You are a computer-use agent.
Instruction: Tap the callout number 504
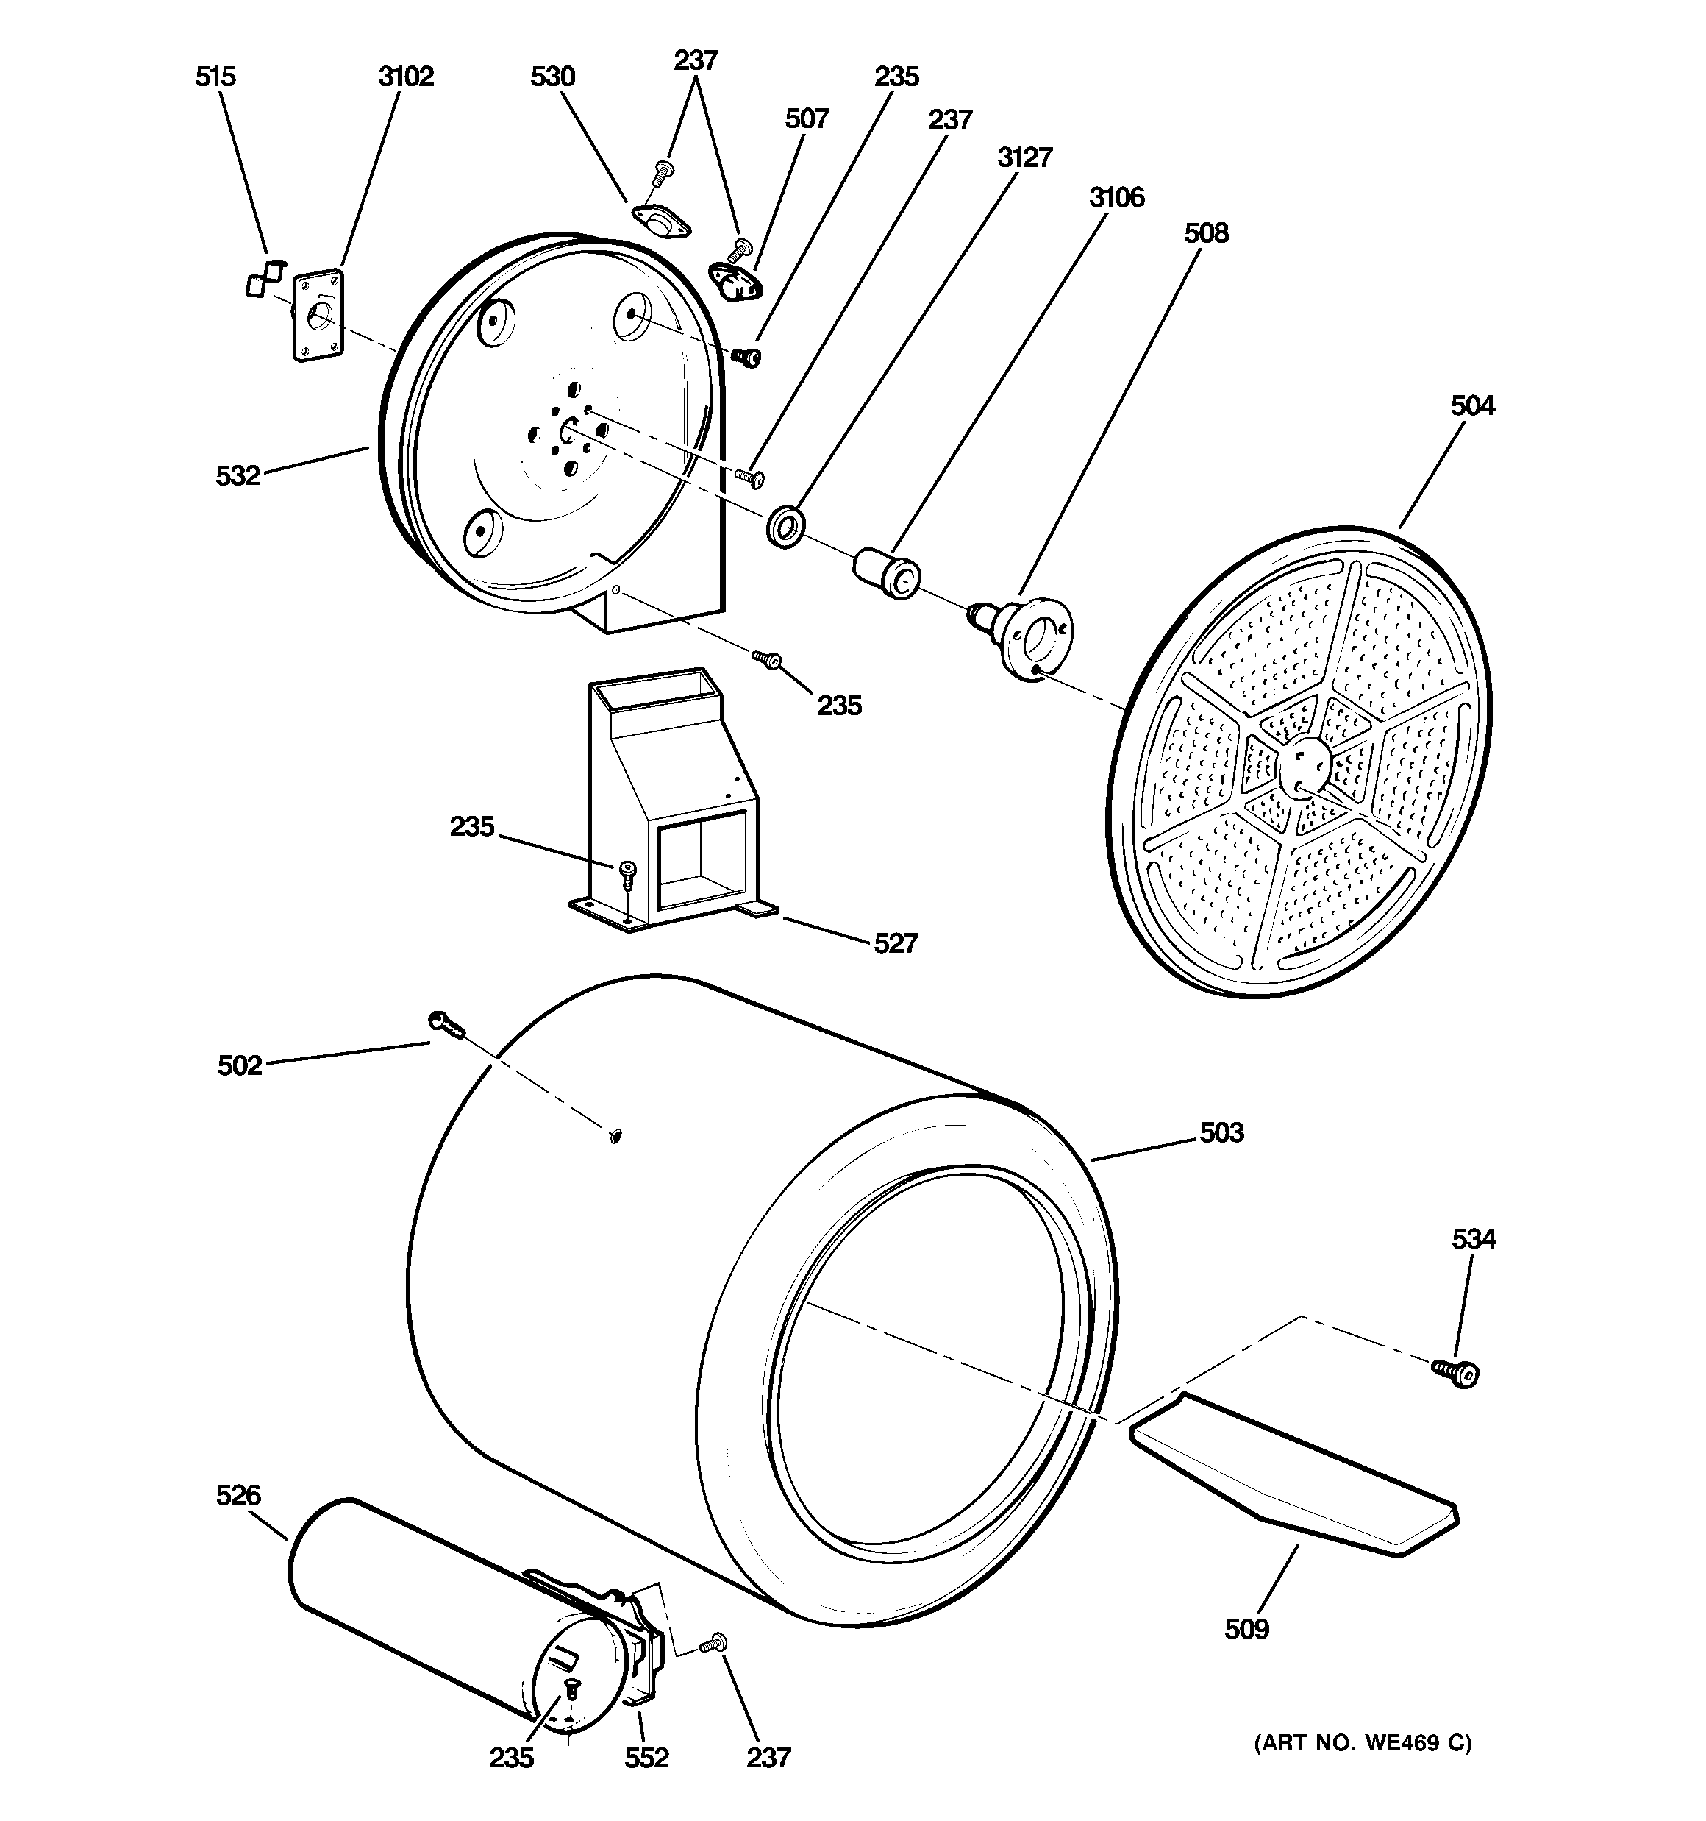[x=1471, y=406]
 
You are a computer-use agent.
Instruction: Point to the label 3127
[x=1024, y=157]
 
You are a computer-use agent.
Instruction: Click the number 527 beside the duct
[x=895, y=943]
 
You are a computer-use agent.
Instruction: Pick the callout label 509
[x=1246, y=1630]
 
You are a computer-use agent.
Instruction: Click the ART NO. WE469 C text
[x=1362, y=1743]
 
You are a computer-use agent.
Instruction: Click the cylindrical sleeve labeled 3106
[x=886, y=572]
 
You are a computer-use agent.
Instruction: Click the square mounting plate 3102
[x=318, y=315]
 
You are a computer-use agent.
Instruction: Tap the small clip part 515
[x=263, y=278]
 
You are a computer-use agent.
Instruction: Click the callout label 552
[x=646, y=1758]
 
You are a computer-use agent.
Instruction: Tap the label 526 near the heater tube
[x=238, y=1496]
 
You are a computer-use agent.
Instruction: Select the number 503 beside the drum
[x=1221, y=1133]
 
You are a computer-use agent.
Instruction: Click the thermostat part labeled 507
[x=733, y=281]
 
